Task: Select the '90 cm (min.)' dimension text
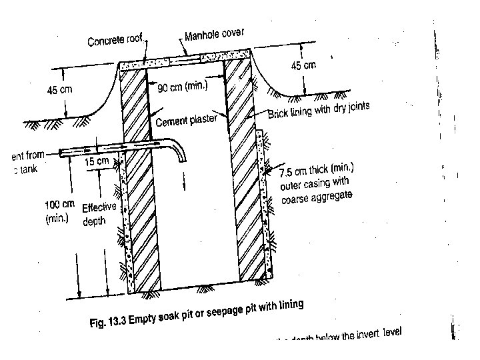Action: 183,87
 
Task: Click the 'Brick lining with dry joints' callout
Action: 318,110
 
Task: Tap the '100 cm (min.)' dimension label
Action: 59,211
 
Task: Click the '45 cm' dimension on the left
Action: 59,89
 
